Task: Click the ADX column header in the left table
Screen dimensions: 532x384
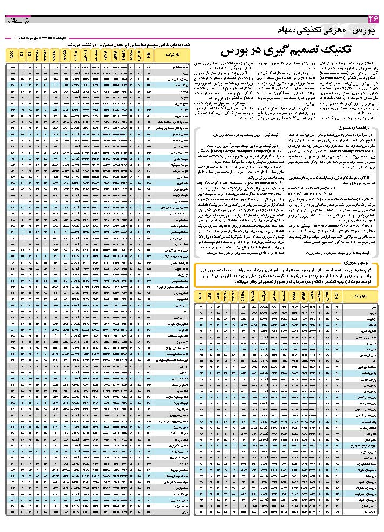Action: point(12,55)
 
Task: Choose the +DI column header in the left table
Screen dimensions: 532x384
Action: point(22,55)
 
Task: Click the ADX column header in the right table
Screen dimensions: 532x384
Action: point(200,297)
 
